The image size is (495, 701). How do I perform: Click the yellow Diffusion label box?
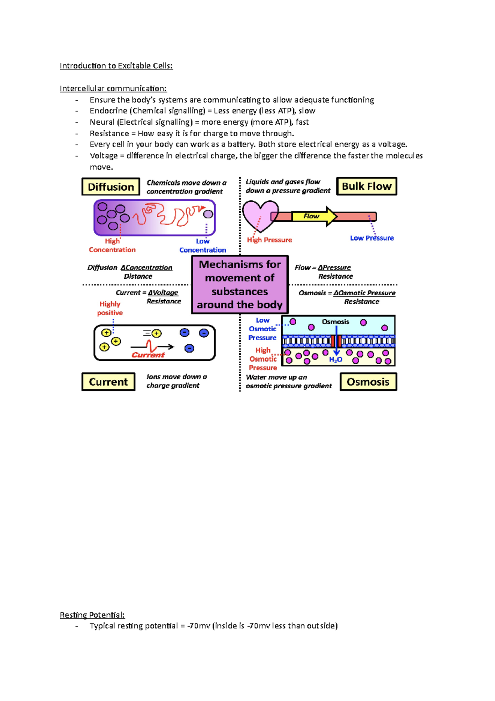point(111,187)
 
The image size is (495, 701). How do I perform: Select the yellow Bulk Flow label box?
point(366,186)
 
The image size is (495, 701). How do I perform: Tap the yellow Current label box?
point(108,382)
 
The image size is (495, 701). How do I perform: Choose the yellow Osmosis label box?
point(368,382)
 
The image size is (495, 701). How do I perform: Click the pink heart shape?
point(259,215)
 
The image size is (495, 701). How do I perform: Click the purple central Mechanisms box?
point(240,284)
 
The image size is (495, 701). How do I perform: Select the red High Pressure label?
point(269,240)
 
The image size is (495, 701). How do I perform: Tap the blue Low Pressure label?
point(372,238)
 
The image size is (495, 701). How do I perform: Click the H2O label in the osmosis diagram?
point(335,360)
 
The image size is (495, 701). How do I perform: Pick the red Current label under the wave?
point(148,355)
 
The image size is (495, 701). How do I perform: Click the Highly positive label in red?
point(110,308)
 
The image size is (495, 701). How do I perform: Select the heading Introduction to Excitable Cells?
point(116,66)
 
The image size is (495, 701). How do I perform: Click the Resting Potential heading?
point(92,615)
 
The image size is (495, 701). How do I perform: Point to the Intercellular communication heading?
point(113,88)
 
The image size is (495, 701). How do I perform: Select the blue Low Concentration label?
point(203,246)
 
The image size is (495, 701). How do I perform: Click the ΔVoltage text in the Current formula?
point(163,293)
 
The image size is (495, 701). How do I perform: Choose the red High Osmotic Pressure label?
point(263,359)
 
